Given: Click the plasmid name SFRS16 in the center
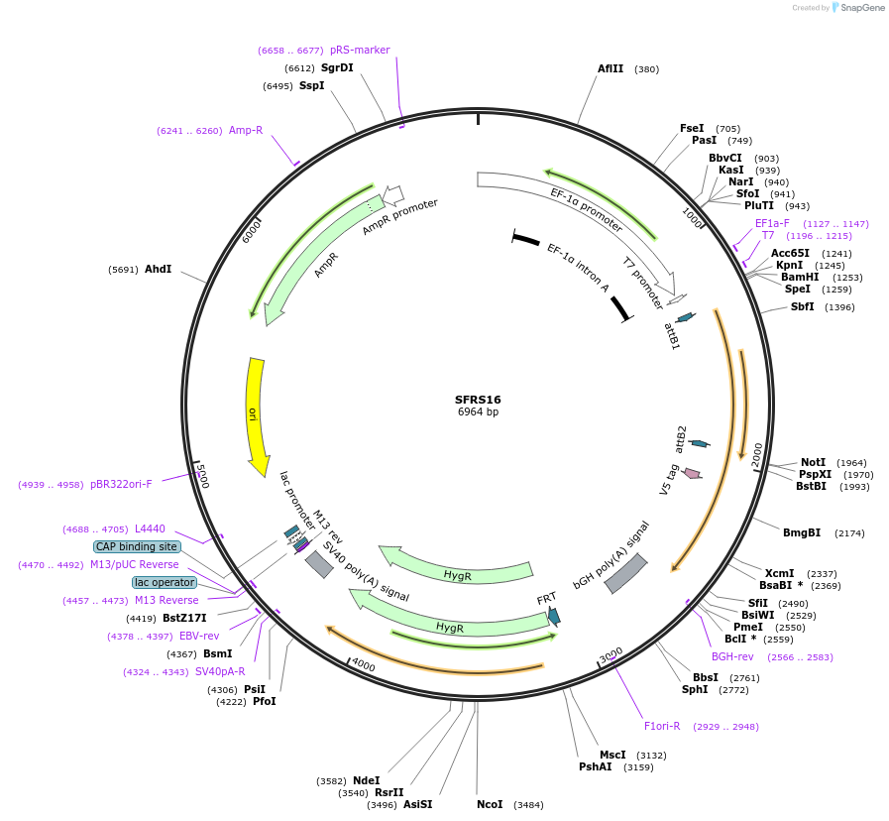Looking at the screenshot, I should click(x=478, y=400).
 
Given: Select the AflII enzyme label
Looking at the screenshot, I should click(x=611, y=69).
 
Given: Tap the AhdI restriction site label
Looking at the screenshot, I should click(x=158, y=269).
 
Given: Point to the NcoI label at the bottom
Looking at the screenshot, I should click(x=490, y=804).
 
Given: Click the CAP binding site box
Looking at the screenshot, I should click(x=137, y=546).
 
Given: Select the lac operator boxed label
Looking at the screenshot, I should click(x=165, y=582).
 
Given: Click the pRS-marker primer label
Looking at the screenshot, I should click(x=360, y=50).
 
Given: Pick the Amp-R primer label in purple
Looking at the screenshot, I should click(x=246, y=130).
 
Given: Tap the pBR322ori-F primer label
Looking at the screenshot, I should click(x=121, y=484).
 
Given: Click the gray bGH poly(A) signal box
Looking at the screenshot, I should click(x=625, y=574).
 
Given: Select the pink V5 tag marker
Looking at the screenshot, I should click(x=692, y=474).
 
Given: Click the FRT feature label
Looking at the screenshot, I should click(x=546, y=599).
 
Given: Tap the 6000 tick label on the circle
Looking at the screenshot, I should click(x=252, y=230).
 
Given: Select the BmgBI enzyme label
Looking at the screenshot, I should click(x=801, y=532).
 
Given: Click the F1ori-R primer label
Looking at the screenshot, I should click(x=662, y=726).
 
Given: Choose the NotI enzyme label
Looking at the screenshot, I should click(x=813, y=462).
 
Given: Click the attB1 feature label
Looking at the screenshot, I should click(x=672, y=335).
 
